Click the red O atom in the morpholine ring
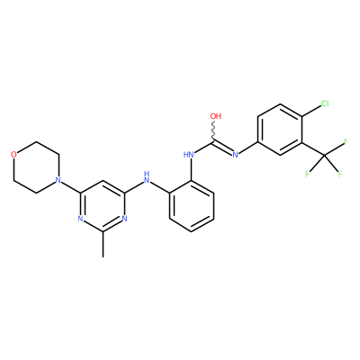click(x=13, y=155)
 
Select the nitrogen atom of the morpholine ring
click(x=58, y=180)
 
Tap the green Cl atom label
click(x=325, y=103)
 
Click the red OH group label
click(x=215, y=116)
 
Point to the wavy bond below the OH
click(x=214, y=130)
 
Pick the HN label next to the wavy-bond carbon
click(x=188, y=155)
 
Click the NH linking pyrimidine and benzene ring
click(x=147, y=177)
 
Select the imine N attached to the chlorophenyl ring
click(x=236, y=155)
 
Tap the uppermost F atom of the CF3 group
click(x=346, y=141)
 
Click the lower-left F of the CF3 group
click(x=307, y=174)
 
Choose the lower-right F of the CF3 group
click(x=340, y=174)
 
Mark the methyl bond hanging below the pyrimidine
click(x=103, y=244)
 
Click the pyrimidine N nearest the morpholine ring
click(x=80, y=219)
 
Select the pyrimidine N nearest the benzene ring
click(x=125, y=219)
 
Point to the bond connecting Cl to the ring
click(x=310, y=111)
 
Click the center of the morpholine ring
click(x=36, y=167)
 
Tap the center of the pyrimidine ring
click(x=103, y=206)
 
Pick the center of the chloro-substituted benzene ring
click(x=280, y=130)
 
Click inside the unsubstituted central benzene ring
click(x=192, y=206)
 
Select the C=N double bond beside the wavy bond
click(x=223, y=147)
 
